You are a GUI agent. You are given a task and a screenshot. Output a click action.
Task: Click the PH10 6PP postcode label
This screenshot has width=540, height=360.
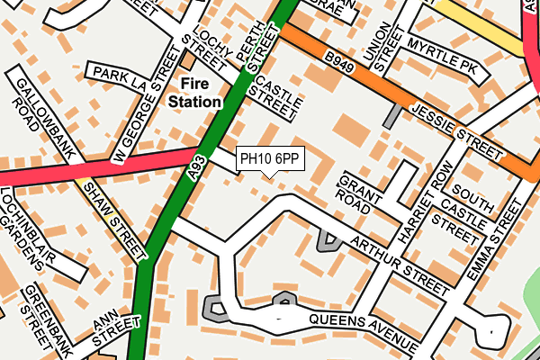click(271, 159)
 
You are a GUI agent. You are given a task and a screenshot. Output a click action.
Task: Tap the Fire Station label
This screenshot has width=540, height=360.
click(195, 93)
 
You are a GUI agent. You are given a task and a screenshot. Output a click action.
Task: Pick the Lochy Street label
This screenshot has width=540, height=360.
click(204, 49)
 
